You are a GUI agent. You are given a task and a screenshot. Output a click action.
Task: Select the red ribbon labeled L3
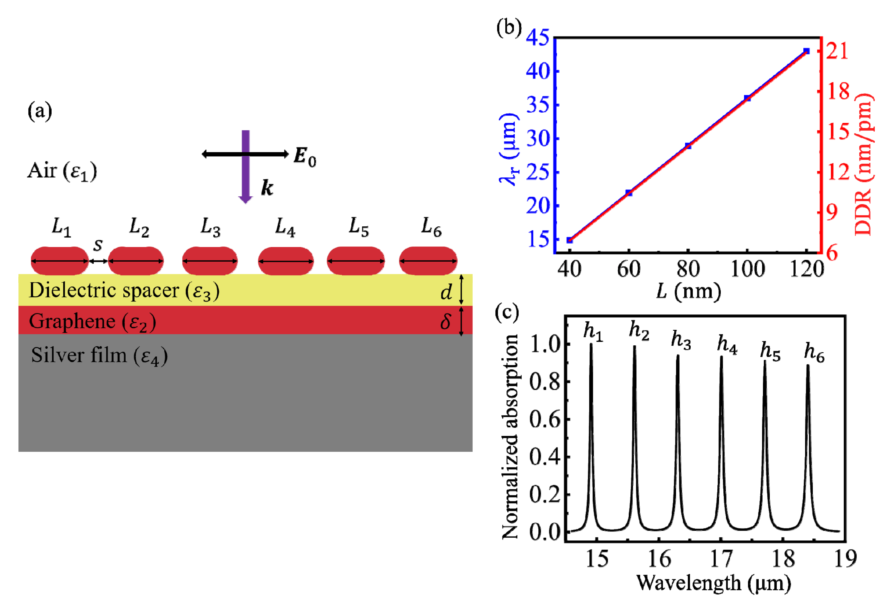coord(210,261)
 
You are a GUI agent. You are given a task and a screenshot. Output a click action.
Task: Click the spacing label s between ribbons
coord(98,245)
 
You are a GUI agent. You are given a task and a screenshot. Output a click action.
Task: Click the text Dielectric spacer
coord(104,290)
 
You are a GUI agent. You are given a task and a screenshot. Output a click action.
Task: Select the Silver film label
coord(79,355)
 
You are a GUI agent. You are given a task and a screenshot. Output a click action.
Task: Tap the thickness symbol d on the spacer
coord(446,292)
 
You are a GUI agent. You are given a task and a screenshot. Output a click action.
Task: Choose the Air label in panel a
coord(42,171)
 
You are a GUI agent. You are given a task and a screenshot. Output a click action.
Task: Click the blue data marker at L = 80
coord(688,146)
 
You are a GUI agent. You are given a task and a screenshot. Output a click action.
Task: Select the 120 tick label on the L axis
coord(806,269)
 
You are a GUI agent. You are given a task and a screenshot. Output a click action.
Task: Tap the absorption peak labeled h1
coord(591,422)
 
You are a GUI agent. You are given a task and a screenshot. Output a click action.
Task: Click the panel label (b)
coord(509,28)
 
